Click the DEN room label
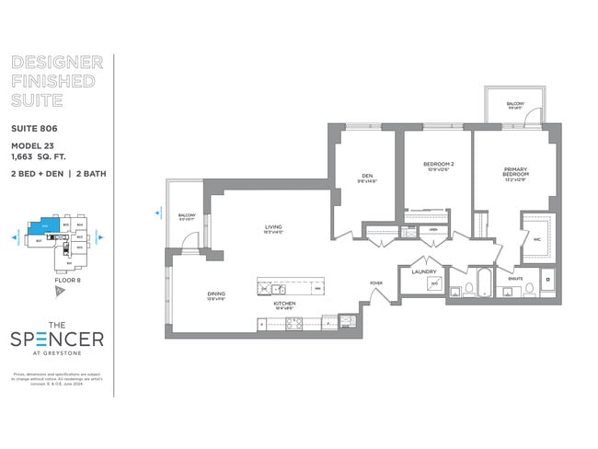pos(365,176)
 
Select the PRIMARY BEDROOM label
pos(514,172)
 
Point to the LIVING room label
pos(273,226)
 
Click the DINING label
pos(216,294)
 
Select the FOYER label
pos(375,282)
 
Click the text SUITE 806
pos(33,128)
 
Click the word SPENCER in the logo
pos(57,339)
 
